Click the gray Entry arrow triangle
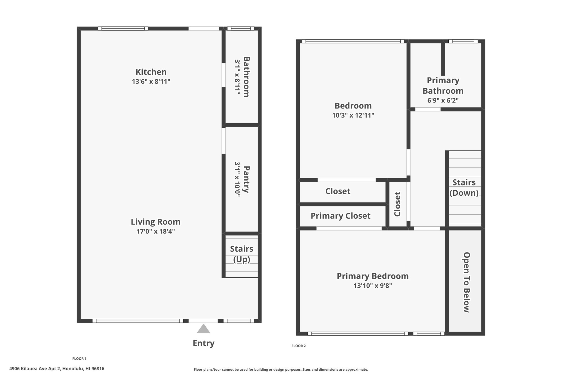pyautogui.click(x=203, y=329)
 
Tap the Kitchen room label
pyautogui.click(x=151, y=72)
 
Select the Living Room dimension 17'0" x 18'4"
pyautogui.click(x=156, y=231)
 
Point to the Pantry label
pyautogui.click(x=246, y=179)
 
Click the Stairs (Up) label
pyautogui.click(x=241, y=254)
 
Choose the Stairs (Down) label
pyautogui.click(x=464, y=187)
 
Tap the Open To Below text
pyautogui.click(x=467, y=282)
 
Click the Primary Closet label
pyautogui.click(x=341, y=216)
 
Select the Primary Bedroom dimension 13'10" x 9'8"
pyautogui.click(x=373, y=286)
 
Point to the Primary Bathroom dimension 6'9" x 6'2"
pyautogui.click(x=443, y=100)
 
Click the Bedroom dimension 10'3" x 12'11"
pyautogui.click(x=353, y=115)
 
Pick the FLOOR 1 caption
pyautogui.click(x=79, y=359)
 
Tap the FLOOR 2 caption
pyautogui.click(x=299, y=346)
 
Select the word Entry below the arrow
pyautogui.click(x=204, y=343)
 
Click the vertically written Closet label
pyautogui.click(x=397, y=204)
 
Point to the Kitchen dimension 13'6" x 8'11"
pyautogui.click(x=151, y=82)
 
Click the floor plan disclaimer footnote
pyautogui.click(x=281, y=370)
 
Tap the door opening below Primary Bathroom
pyautogui.click(x=428, y=109)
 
